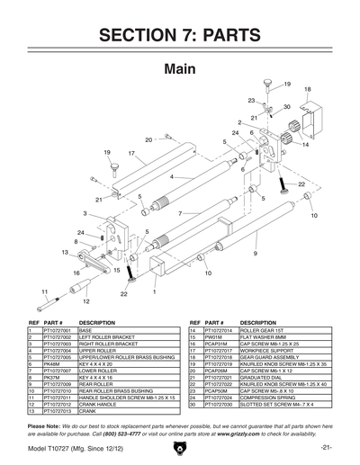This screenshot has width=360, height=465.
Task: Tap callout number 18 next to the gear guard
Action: coord(307,90)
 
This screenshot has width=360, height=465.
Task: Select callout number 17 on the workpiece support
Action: coord(130,154)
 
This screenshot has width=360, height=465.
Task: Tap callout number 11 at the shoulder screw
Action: coord(43,291)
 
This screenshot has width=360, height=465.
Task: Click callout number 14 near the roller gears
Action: coord(305,144)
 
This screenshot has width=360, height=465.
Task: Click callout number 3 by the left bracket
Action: coord(85,213)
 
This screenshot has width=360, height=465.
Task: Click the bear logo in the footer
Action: coord(180,446)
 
